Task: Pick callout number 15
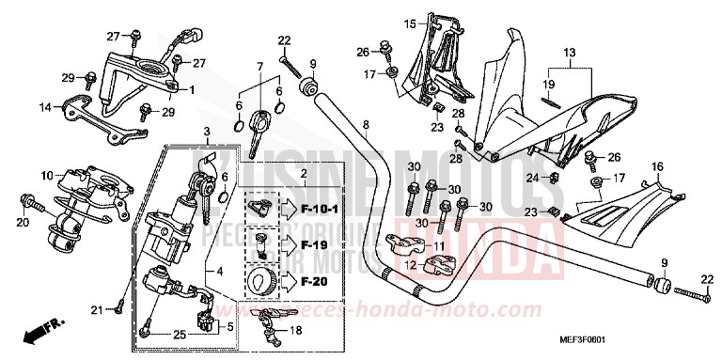(409, 23)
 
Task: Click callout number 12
(410, 266)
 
